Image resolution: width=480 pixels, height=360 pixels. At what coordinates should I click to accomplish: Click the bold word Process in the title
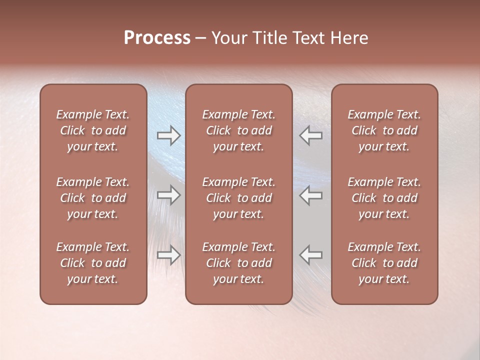tap(157, 38)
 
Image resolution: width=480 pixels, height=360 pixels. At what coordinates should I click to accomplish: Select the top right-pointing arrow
tap(168, 135)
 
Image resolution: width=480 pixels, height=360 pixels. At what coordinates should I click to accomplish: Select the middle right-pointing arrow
tap(168, 195)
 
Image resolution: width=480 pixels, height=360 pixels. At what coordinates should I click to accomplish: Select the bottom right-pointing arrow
tap(168, 255)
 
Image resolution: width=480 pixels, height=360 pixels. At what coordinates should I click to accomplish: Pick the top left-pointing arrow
tap(311, 135)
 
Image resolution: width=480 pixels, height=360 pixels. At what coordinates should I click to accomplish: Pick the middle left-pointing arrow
tap(311, 195)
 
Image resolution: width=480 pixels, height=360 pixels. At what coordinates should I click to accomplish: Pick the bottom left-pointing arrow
tap(311, 255)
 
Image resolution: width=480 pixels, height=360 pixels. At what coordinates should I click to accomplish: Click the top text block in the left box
tap(93, 130)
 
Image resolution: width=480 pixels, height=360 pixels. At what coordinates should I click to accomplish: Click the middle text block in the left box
tap(93, 198)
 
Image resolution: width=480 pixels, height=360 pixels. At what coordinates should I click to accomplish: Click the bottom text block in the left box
tap(93, 263)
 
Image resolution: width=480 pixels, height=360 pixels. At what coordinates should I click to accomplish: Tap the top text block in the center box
tap(239, 130)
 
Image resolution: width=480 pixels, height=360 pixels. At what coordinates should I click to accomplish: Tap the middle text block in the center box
tap(239, 198)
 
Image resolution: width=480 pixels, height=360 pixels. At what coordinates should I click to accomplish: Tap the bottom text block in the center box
tap(239, 263)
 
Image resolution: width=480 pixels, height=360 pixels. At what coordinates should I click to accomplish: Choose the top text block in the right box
tap(384, 130)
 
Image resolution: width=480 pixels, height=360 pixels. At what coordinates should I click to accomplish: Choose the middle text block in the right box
tap(384, 198)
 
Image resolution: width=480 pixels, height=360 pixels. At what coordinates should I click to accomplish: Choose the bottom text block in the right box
tap(384, 263)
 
